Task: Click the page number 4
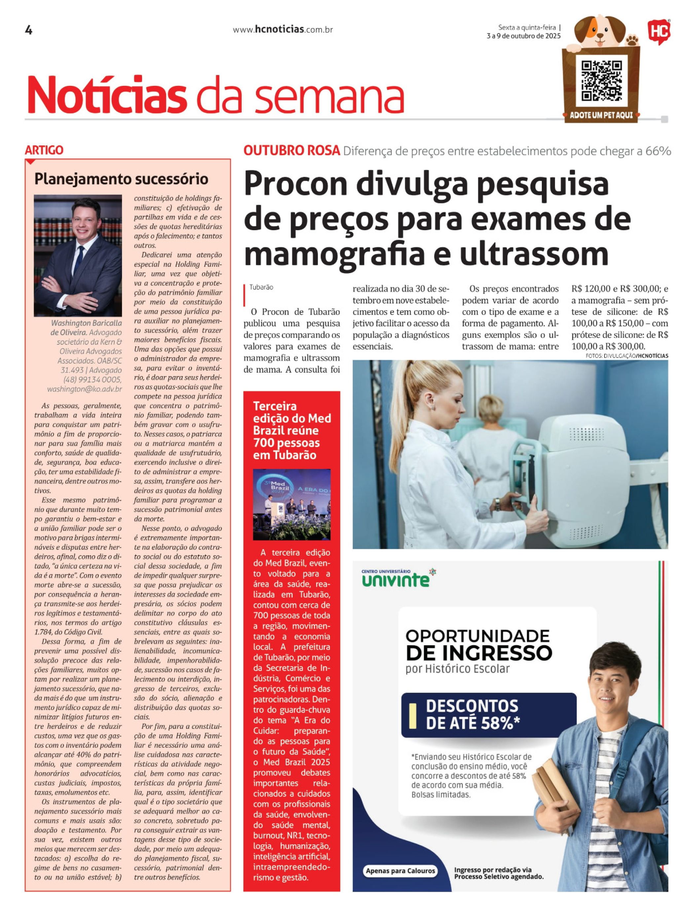click(29, 30)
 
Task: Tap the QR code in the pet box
click(602, 81)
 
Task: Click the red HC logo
click(659, 31)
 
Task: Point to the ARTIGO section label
click(44, 150)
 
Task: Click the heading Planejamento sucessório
click(121, 179)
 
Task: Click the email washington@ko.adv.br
click(85, 389)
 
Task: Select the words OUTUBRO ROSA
click(292, 151)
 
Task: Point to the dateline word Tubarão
click(261, 287)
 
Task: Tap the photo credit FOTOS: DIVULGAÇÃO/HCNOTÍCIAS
click(626, 356)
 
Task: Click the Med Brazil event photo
click(292, 504)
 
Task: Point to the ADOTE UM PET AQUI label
click(601, 115)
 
